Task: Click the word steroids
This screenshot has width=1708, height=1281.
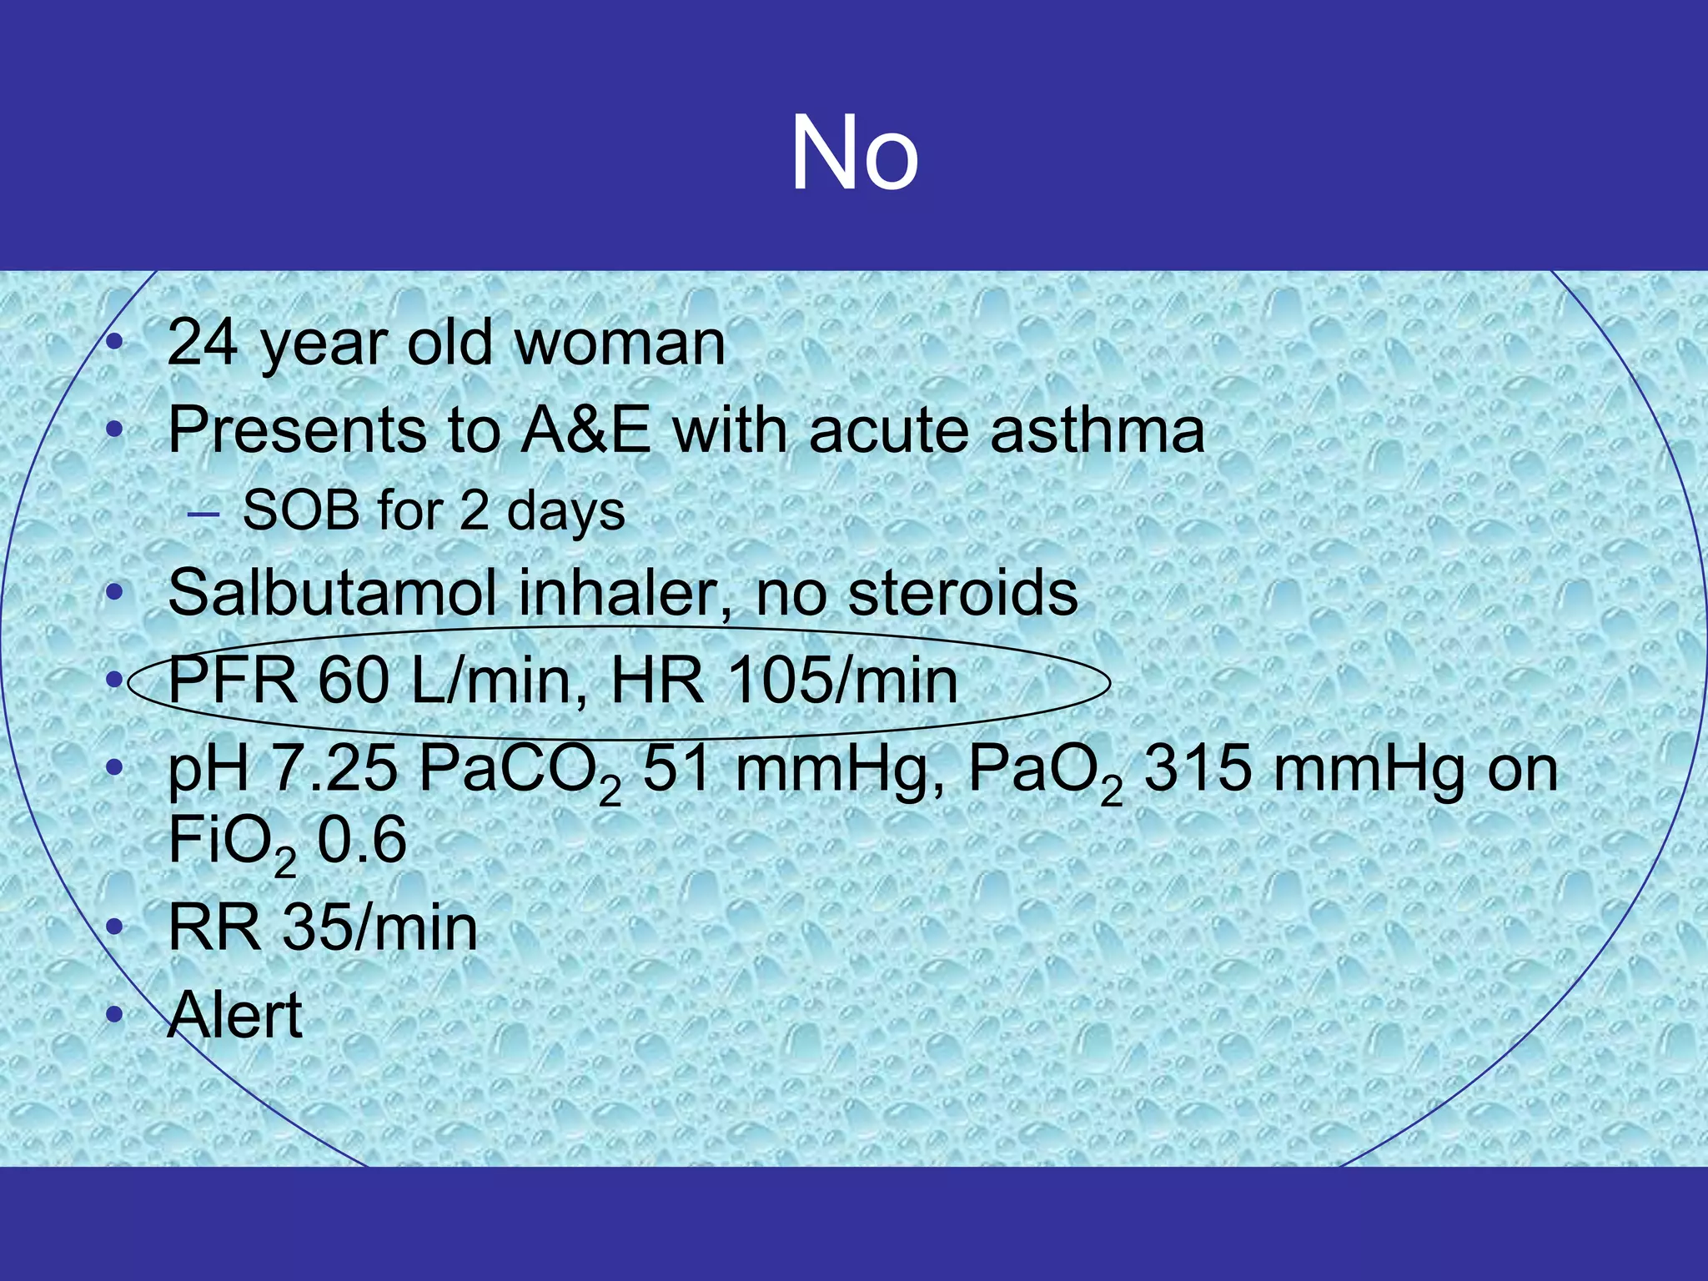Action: (963, 593)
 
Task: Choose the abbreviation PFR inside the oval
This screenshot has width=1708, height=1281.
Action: (232, 681)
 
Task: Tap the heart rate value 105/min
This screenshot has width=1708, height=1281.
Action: (842, 681)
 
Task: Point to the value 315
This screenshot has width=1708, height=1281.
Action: (1197, 768)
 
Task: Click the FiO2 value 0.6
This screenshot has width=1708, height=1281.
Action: (362, 840)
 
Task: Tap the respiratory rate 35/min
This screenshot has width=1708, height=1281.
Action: (379, 927)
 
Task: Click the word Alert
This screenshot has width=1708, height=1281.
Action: (234, 1015)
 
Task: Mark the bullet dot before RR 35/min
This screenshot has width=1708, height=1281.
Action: (115, 927)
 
